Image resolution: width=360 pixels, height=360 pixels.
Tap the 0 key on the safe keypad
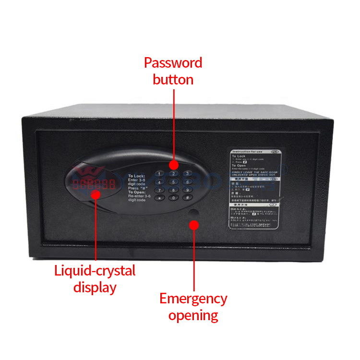tap(173, 197)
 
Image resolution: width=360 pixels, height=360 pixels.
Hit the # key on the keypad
tap(187, 197)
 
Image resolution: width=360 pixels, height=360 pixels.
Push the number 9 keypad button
tap(188, 189)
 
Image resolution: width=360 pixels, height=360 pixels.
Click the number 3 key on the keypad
tap(188, 173)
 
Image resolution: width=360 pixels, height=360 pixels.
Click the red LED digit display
tap(94, 184)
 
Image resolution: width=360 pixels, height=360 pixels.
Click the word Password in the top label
tap(173, 63)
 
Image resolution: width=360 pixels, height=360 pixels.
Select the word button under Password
tap(173, 80)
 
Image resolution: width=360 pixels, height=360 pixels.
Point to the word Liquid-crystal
tap(95, 271)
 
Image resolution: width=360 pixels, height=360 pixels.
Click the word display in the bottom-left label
tap(95, 288)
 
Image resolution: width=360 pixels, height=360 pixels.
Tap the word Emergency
tap(193, 299)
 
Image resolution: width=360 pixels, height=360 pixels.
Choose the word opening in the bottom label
tap(193, 316)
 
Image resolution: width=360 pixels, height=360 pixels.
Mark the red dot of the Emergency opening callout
tap(194, 224)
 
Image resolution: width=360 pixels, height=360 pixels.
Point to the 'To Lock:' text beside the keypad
tap(137, 177)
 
